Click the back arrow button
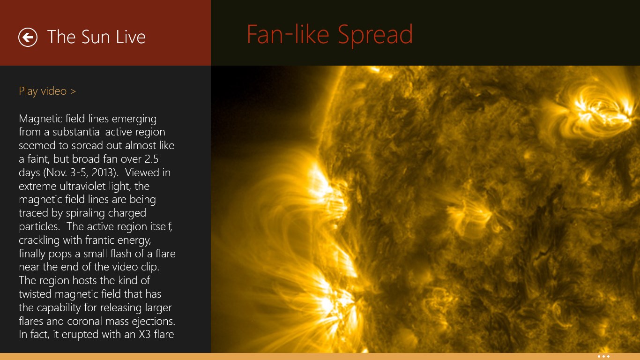tap(28, 37)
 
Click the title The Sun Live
tap(97, 37)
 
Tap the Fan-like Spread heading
tap(329, 35)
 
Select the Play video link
tap(47, 91)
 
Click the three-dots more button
tap(603, 356)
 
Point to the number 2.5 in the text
tap(164, 159)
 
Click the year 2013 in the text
tap(104, 172)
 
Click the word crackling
tap(39, 240)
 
